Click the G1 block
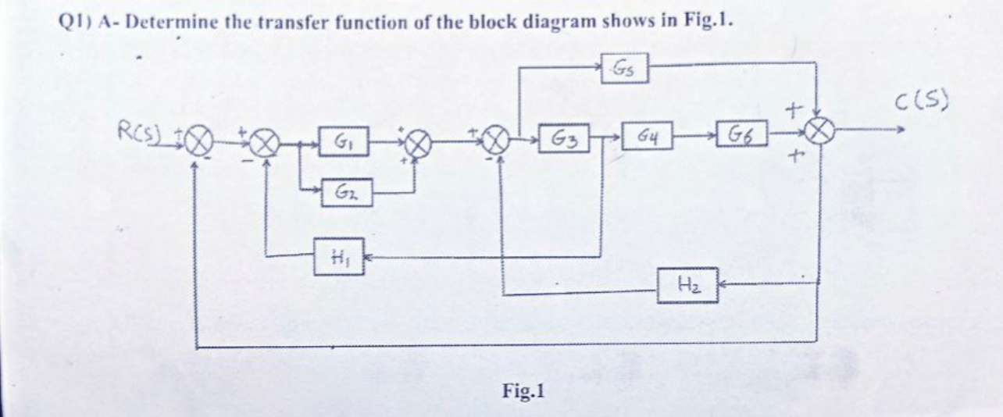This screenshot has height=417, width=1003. click(344, 145)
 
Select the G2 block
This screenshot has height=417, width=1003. click(344, 190)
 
